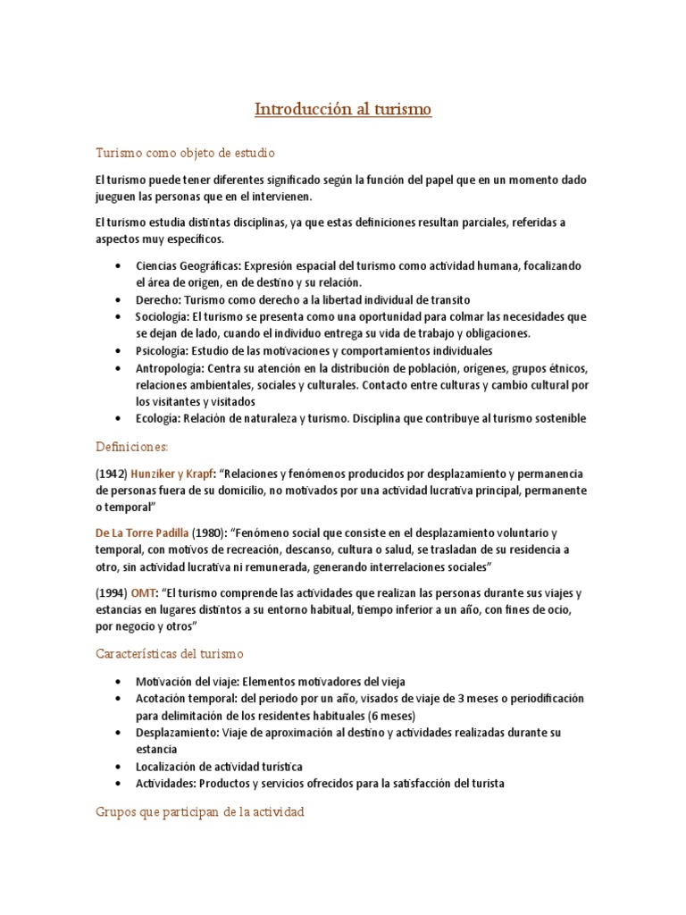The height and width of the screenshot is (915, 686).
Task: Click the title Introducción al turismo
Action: point(343,110)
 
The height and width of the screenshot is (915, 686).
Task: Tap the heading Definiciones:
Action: point(131,446)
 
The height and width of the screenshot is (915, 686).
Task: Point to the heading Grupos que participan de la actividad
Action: point(200,812)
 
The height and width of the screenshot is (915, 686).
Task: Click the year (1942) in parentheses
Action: point(111,473)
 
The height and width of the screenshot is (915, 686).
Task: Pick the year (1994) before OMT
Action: point(111,593)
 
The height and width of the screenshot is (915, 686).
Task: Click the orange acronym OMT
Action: point(143,593)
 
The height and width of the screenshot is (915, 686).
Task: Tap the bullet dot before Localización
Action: point(119,767)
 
